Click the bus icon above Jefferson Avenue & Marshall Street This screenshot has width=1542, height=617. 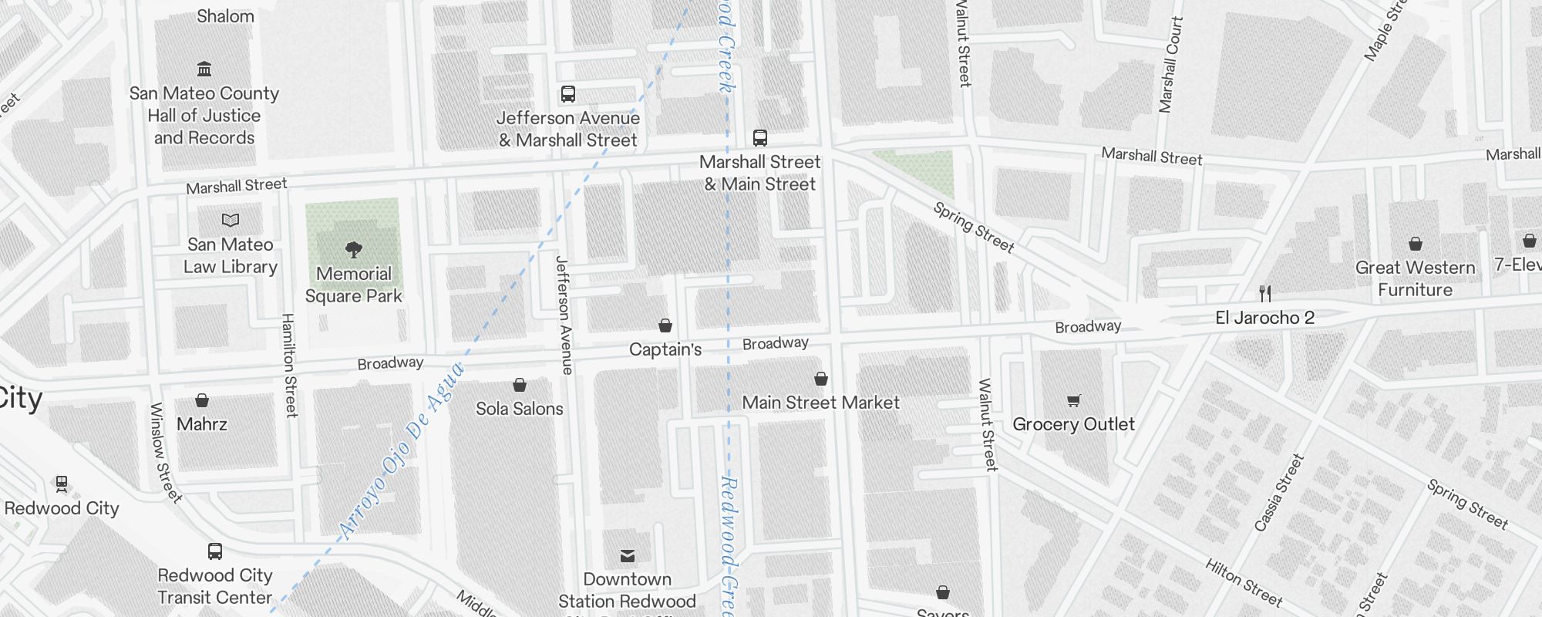point(568,95)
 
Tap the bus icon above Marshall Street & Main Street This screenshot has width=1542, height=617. point(760,139)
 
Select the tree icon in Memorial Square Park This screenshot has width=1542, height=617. point(354,250)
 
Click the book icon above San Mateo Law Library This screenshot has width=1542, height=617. point(231,221)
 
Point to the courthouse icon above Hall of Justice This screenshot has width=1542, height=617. point(204,69)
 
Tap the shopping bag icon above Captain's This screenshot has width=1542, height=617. point(665,325)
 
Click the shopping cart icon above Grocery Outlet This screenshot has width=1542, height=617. point(1074,400)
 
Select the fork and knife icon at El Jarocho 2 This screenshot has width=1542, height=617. point(1265,294)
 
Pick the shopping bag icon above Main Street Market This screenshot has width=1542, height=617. point(821,379)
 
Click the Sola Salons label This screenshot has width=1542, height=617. point(520,409)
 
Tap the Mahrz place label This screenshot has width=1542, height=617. point(202,424)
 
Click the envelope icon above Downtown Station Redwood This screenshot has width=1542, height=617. point(628,555)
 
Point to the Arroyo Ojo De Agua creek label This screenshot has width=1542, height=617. point(402,450)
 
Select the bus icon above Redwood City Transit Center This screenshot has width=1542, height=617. point(215,551)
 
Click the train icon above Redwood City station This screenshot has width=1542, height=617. point(62,484)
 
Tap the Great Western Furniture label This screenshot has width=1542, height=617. point(1415,278)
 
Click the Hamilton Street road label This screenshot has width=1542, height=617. point(289,365)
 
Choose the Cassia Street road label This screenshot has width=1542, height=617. point(1279,493)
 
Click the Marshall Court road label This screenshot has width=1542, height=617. point(1170,66)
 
